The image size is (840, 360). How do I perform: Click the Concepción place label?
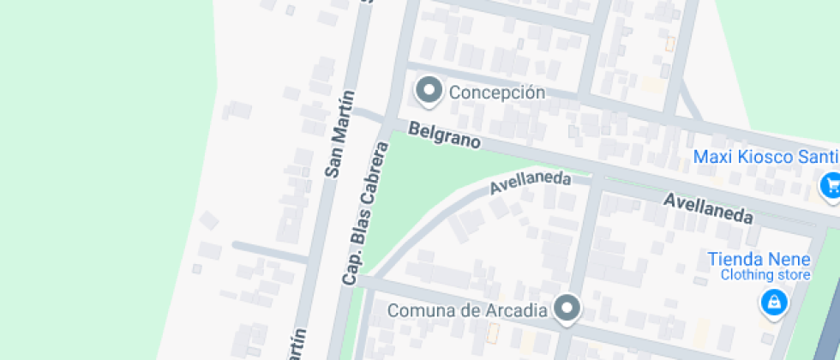(497, 93)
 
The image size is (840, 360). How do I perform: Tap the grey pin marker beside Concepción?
(428, 89)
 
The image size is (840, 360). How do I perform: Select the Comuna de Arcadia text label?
(467, 310)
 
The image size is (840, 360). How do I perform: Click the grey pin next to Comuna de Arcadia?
(567, 307)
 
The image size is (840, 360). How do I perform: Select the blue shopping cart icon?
(831, 185)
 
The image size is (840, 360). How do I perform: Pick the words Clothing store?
(765, 275)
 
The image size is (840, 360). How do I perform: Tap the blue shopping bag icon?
(774, 302)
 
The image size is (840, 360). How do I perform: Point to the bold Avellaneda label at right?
(709, 208)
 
